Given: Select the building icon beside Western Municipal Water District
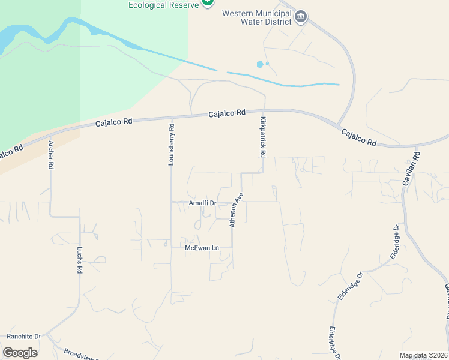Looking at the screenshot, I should (301, 17).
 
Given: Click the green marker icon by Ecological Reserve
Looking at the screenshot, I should (207, 2).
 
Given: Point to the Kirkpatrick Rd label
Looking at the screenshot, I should (263, 137).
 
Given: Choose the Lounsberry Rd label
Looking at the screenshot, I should (171, 144).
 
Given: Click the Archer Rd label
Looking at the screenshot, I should (51, 155).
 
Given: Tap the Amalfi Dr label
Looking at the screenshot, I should (202, 203).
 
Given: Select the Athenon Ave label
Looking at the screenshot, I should (236, 210).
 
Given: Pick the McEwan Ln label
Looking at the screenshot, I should (200, 247).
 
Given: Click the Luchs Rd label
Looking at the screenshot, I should (79, 259).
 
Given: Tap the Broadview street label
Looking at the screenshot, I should (79, 354).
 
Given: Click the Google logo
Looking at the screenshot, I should (20, 352).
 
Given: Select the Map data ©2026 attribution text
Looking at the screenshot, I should (423, 355).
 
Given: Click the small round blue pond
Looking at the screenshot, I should (259, 64).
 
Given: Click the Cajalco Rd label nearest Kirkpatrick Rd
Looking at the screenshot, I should (227, 113).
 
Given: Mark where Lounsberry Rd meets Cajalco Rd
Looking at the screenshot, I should (172, 118).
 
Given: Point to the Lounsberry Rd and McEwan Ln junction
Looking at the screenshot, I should (172, 247).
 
